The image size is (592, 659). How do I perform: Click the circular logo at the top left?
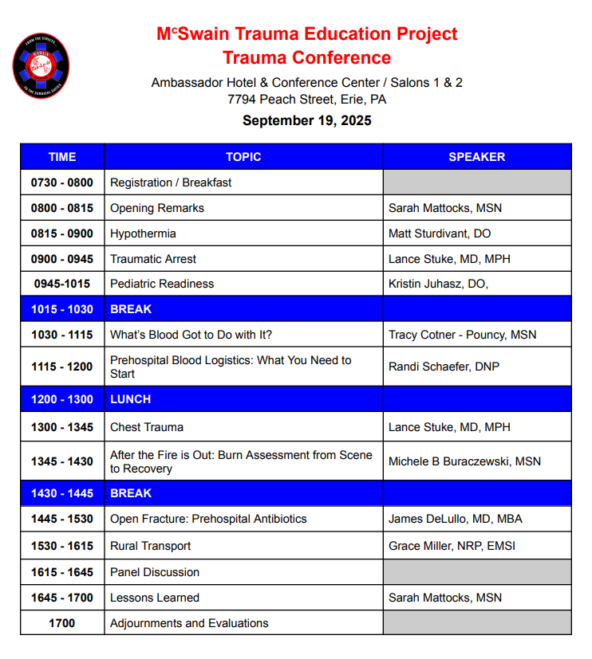tap(41, 65)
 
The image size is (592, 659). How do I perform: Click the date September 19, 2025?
tap(307, 121)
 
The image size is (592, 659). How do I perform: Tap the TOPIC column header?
tap(243, 157)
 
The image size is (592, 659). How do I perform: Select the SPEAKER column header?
tap(476, 157)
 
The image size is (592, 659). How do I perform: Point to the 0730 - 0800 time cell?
tap(62, 182)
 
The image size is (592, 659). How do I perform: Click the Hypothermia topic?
tap(143, 233)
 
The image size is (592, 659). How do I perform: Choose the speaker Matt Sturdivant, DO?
tap(440, 233)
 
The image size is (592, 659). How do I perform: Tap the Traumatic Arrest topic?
tap(153, 259)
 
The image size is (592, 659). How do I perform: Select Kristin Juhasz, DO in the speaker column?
tap(438, 284)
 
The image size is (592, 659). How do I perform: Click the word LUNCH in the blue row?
tap(130, 399)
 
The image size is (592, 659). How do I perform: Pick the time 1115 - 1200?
tap(62, 367)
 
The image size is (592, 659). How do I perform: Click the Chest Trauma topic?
tap(147, 427)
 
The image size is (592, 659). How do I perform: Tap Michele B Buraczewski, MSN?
tap(464, 461)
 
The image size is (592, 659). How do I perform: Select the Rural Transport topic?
tap(150, 546)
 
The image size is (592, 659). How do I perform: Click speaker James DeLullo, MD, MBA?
tap(456, 519)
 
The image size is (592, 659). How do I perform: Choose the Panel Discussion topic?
tap(155, 572)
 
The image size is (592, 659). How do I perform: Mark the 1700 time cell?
tap(62, 623)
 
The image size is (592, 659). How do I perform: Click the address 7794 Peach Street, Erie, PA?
tap(307, 100)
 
